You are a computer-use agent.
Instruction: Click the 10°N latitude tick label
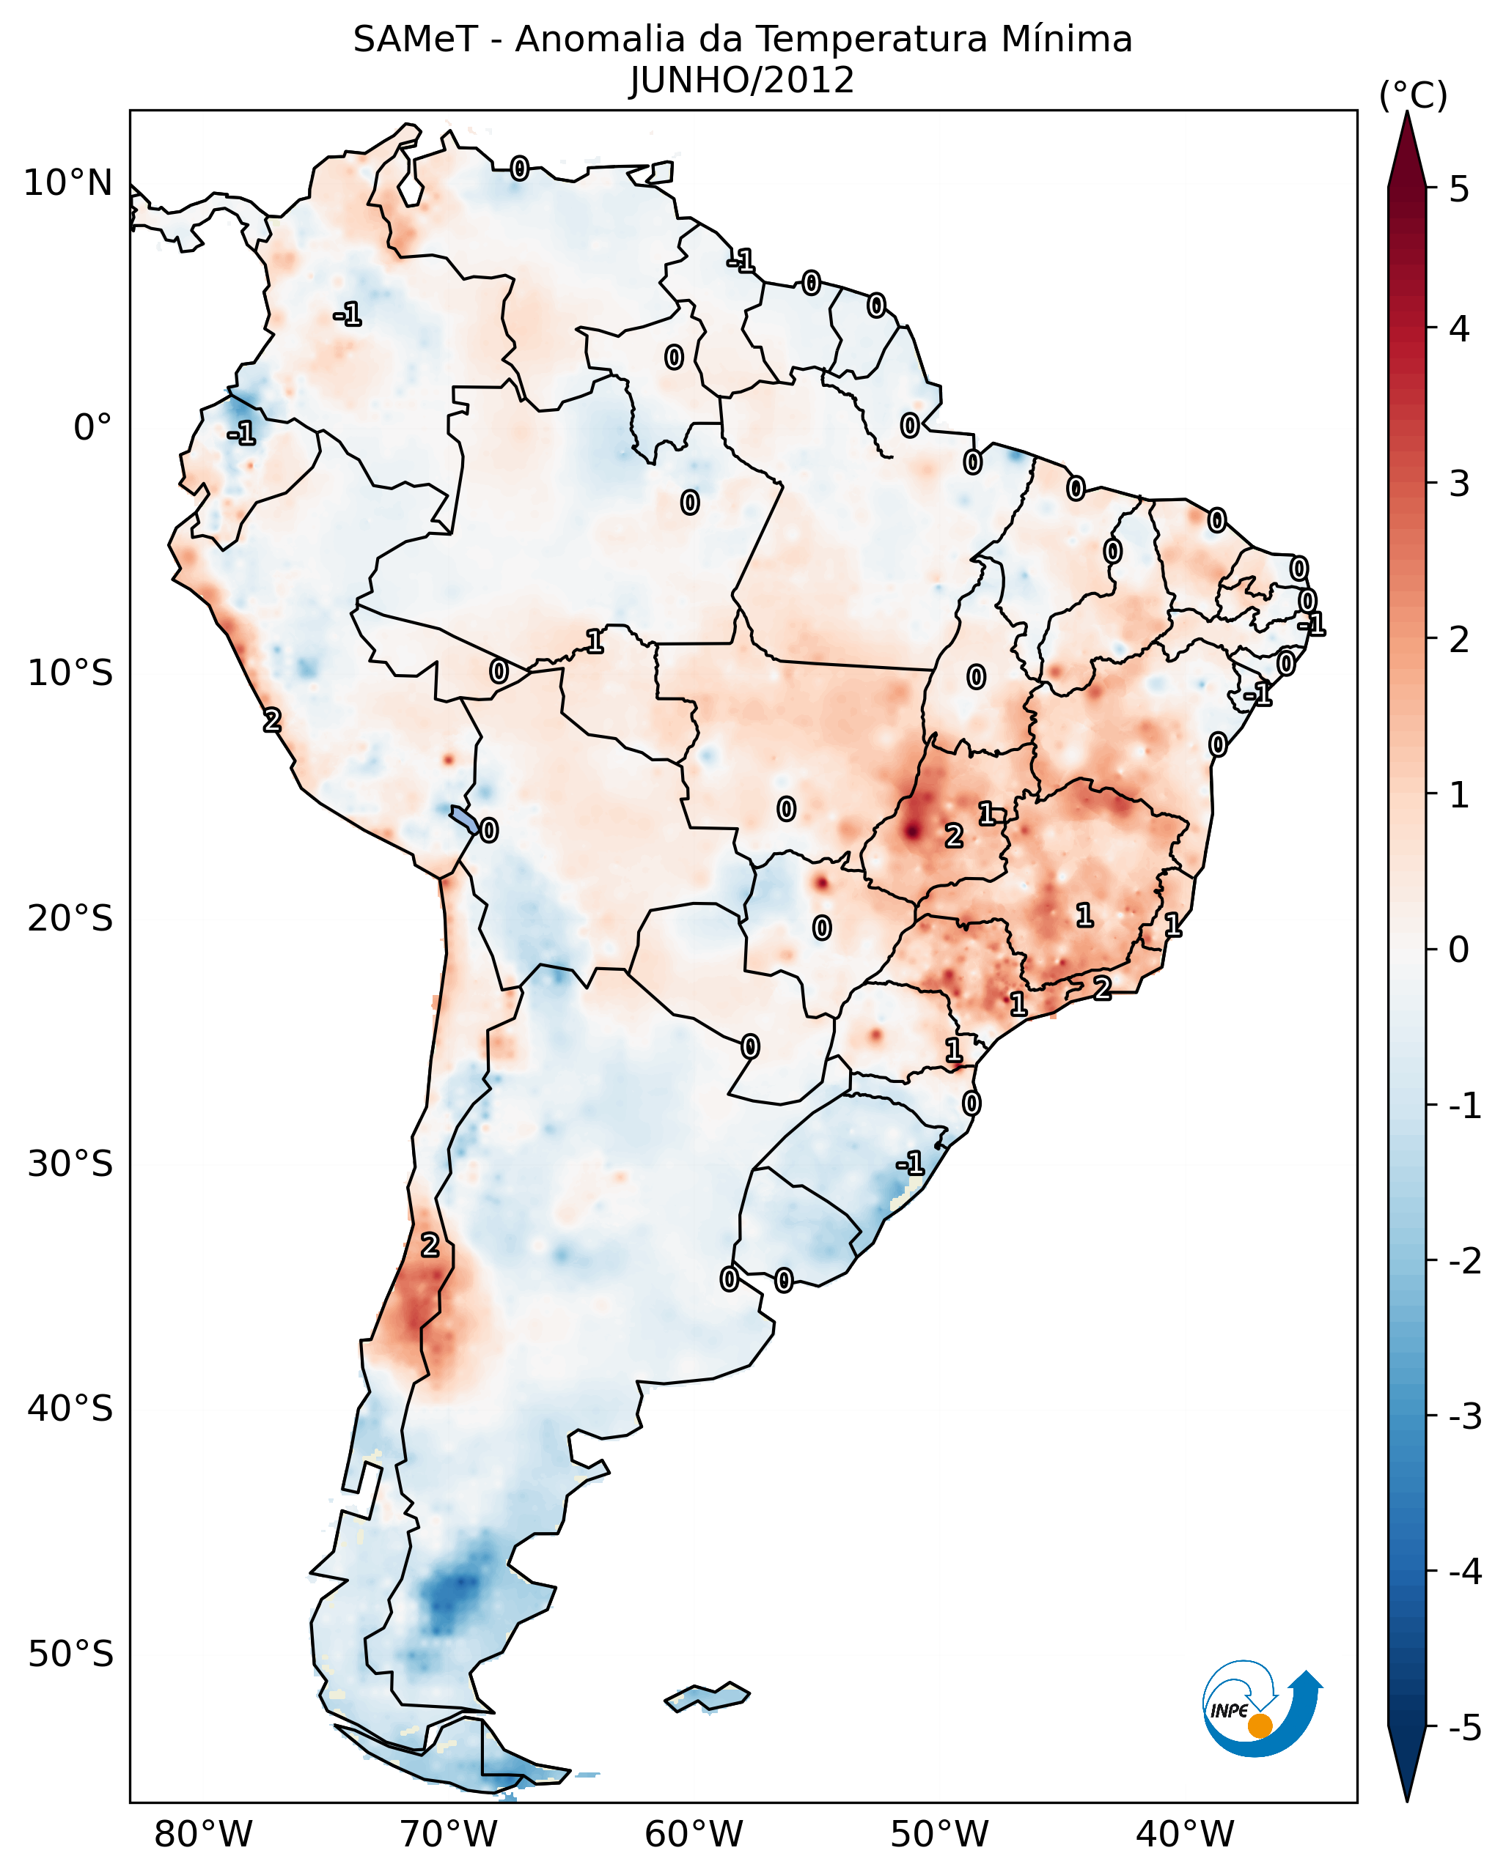tap(68, 183)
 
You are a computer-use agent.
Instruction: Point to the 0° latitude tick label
tap(92, 428)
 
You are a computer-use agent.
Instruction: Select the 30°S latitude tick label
tap(70, 1164)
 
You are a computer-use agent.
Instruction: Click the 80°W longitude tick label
tap(202, 1834)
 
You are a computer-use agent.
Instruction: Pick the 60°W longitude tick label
tap(694, 1834)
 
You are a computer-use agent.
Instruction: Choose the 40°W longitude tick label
tap(1184, 1834)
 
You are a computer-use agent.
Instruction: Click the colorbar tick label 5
tap(1459, 189)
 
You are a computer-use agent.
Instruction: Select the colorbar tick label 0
tap(1459, 949)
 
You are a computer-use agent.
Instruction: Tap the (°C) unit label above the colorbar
tap(1413, 96)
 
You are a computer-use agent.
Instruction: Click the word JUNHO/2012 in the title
tap(742, 80)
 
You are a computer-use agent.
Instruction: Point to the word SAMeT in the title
tap(415, 40)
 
